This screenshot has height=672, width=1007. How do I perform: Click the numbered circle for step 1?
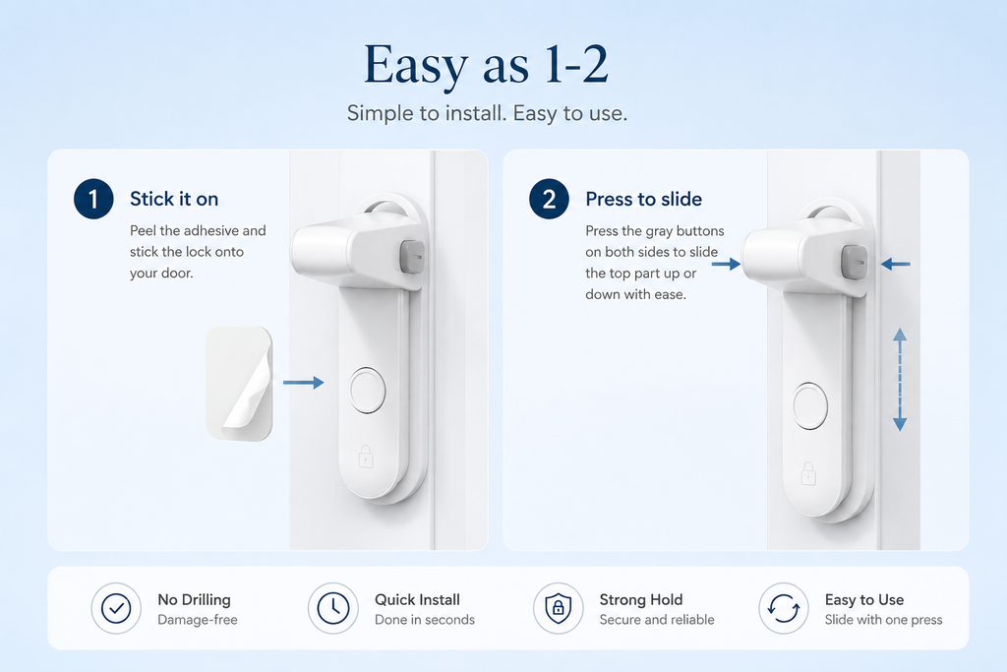coord(93,199)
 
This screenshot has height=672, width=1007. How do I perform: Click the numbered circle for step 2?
coord(549,199)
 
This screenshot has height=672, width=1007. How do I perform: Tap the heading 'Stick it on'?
coord(174,199)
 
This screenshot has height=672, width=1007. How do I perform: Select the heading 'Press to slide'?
coord(643,199)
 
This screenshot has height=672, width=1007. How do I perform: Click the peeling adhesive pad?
coord(239,384)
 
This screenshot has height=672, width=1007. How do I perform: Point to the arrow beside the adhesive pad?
coord(303,383)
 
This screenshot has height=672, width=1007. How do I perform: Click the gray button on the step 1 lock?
coord(412,257)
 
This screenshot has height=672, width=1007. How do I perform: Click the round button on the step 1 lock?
coord(368,390)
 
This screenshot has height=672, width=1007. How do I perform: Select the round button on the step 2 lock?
coord(810,406)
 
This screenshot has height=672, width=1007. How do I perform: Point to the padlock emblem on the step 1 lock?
coord(366,457)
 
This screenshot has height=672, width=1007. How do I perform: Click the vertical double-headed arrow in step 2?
coord(900,379)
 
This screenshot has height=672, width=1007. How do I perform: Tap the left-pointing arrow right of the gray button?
coord(895,264)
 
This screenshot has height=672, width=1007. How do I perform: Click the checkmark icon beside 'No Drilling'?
coord(116,608)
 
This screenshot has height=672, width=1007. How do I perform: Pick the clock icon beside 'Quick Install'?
coord(332,608)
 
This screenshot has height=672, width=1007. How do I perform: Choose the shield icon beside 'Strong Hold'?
coord(559,608)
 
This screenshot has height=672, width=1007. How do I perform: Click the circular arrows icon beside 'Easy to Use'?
coord(784,608)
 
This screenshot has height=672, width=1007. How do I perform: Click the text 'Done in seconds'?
coord(425,620)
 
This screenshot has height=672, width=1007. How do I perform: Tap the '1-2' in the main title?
coord(576,64)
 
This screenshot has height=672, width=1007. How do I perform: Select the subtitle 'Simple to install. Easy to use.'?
coord(487,113)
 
